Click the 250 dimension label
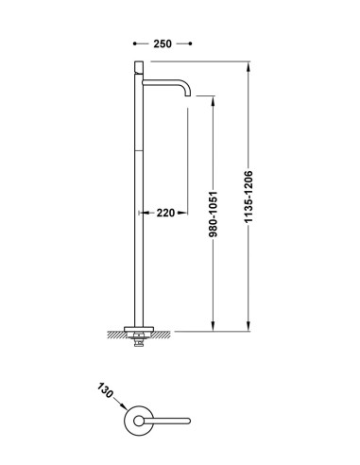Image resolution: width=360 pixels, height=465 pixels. [163, 43]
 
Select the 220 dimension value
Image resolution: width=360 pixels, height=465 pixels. [165, 213]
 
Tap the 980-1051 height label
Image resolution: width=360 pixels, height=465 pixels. [214, 215]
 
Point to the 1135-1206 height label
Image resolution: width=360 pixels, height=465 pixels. [249, 197]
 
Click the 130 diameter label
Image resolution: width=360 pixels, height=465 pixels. [105, 390]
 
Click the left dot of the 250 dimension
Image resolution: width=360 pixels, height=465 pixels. [135, 43]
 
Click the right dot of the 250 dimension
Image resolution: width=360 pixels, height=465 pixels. [190, 43]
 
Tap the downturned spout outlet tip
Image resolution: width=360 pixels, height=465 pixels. [187, 95]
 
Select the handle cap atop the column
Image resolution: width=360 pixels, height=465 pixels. [139, 67]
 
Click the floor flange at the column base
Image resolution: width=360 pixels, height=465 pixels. [139, 329]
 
